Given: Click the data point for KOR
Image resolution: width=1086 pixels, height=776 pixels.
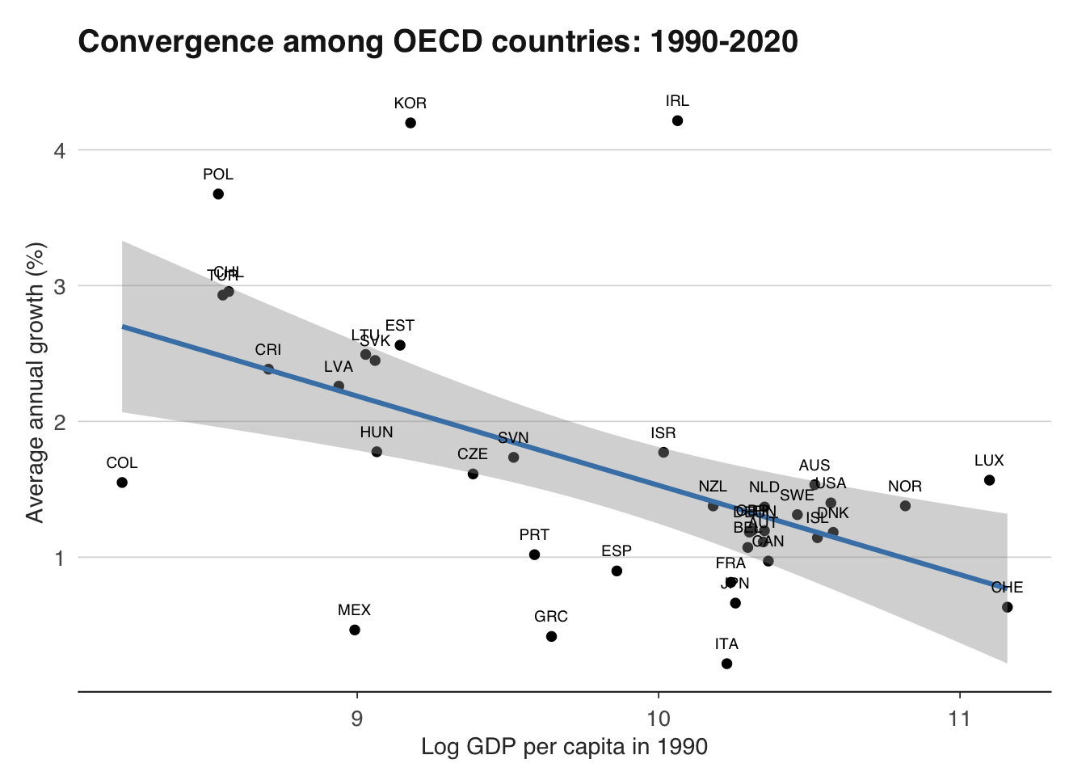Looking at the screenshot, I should (410, 123).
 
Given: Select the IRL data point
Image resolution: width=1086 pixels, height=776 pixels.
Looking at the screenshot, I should (677, 120).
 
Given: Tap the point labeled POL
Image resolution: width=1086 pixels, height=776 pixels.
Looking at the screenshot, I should (218, 194).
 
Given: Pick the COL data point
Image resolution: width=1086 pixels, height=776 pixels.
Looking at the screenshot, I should (122, 483).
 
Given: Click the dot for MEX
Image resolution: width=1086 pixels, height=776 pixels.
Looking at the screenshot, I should (355, 630).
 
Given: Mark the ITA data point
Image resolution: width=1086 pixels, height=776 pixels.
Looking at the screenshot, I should (726, 664).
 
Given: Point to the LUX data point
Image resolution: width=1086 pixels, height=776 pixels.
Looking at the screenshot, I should (989, 480).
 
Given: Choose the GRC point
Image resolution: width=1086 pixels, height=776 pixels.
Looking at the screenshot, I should (551, 636).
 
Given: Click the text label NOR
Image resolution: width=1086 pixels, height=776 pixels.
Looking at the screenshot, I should (905, 487).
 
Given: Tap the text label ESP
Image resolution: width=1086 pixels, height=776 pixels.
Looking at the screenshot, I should (617, 551).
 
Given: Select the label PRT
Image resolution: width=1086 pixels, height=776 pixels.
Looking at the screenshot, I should (534, 535).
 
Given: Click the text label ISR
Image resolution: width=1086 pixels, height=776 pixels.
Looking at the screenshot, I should (663, 433).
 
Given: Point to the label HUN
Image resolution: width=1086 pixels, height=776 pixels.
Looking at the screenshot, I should (377, 432).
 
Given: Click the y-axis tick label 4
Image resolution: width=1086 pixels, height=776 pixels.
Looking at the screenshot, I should (60, 150).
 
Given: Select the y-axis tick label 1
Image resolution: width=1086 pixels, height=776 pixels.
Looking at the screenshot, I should (60, 558).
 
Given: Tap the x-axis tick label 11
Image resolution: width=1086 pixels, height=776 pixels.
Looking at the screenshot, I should (959, 718).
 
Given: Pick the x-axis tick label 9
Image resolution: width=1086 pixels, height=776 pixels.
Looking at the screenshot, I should (356, 718).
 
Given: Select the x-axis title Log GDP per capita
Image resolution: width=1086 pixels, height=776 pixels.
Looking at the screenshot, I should (564, 747).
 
